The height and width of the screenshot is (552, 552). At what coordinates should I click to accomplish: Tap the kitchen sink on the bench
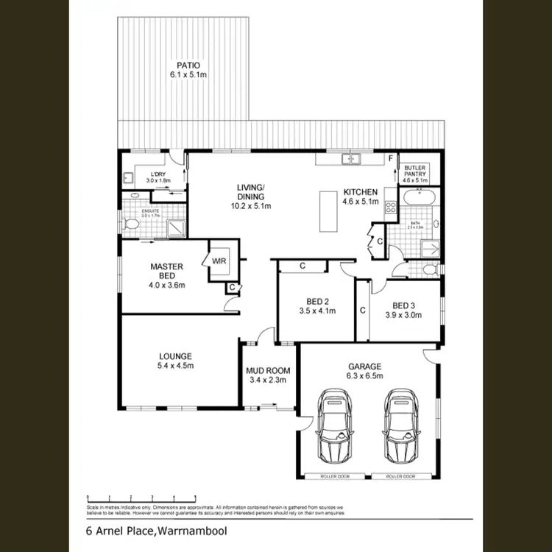[350, 158]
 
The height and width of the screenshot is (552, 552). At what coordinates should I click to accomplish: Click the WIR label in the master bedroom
[219, 261]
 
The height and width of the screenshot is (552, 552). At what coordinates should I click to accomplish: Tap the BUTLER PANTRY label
[414, 170]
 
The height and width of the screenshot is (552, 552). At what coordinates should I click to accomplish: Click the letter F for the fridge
[390, 159]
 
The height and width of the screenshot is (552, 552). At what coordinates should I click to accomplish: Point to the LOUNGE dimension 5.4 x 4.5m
[174, 366]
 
